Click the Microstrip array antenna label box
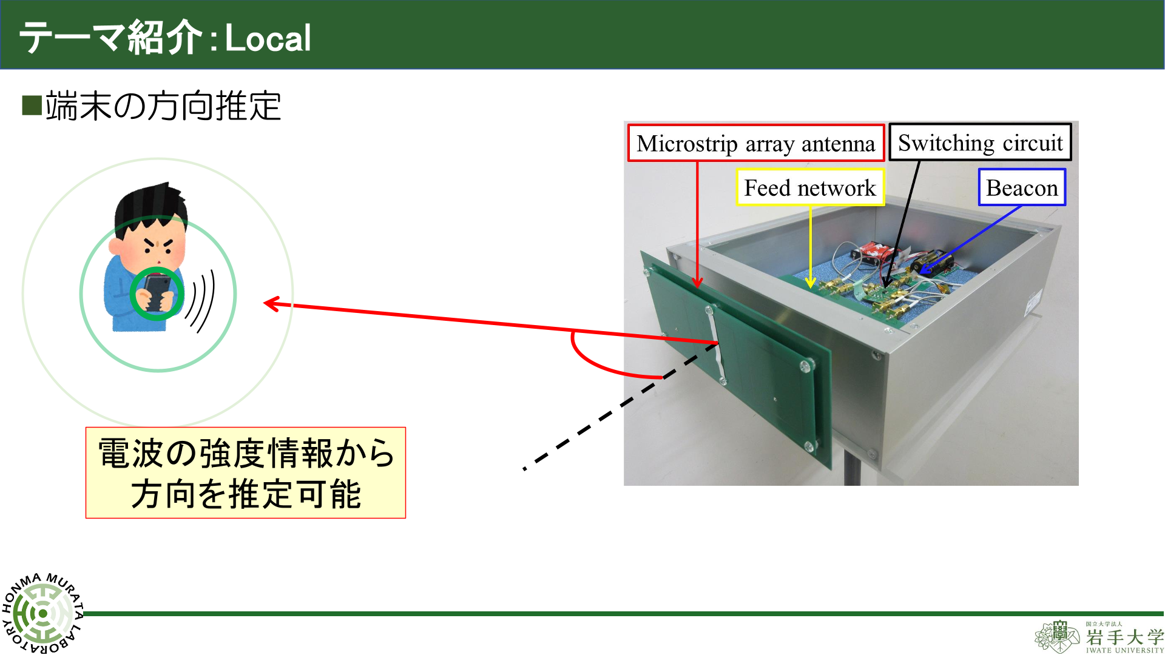(x=755, y=143)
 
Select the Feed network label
(x=810, y=187)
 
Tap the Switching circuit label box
(x=980, y=143)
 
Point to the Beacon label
(x=1022, y=187)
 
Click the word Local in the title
(x=268, y=38)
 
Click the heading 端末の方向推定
(x=163, y=106)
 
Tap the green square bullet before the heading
(x=31, y=106)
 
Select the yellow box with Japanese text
(x=246, y=473)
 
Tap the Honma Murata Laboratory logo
(x=42, y=613)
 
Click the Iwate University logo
(x=1099, y=637)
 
